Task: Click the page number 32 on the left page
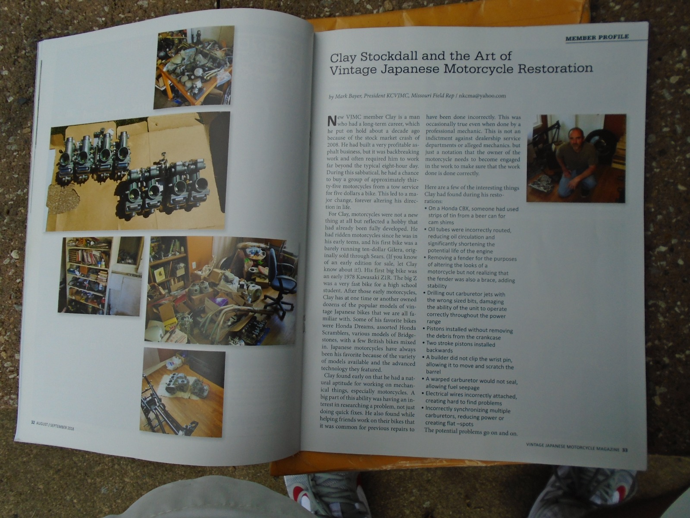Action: (x=33, y=423)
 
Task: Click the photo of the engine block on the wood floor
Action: (x=182, y=393)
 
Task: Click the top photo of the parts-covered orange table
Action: (x=194, y=66)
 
